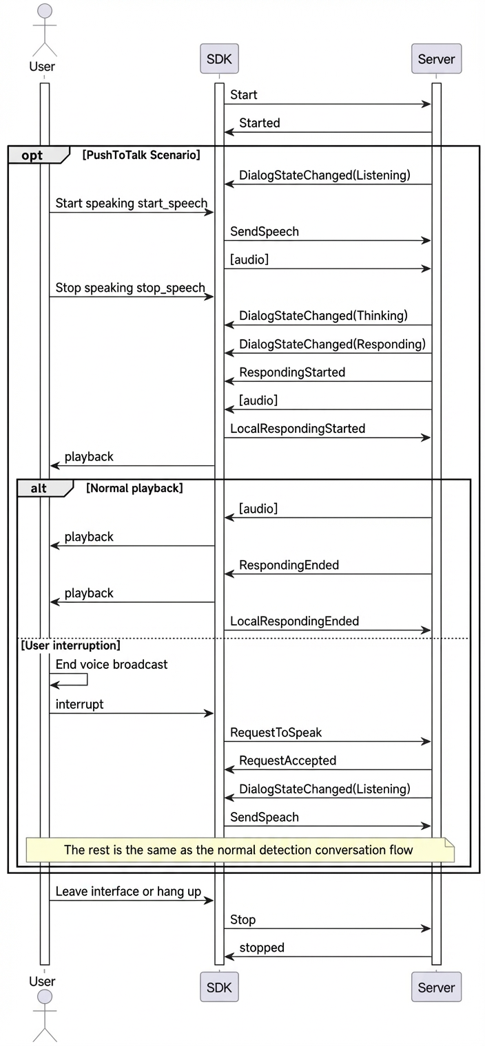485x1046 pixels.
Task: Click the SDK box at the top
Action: (x=219, y=59)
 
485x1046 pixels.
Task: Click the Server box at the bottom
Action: (x=436, y=987)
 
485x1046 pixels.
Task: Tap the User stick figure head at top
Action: (x=45, y=11)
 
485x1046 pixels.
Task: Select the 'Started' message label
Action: (x=260, y=122)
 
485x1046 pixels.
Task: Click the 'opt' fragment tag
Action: (x=32, y=155)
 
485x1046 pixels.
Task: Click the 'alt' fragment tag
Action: (x=39, y=488)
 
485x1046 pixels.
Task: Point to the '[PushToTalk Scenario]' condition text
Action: (x=141, y=155)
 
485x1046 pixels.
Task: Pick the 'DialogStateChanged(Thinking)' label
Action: (x=323, y=316)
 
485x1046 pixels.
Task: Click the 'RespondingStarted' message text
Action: (x=292, y=372)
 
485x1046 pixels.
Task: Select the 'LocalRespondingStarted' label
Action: (x=298, y=428)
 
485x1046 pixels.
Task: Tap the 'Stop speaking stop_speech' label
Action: (x=130, y=288)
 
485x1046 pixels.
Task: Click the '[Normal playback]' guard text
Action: (x=135, y=488)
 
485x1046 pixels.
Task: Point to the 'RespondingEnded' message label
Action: (x=289, y=564)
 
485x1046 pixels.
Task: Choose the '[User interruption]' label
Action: (x=71, y=645)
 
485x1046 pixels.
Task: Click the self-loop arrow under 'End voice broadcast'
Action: (x=87, y=679)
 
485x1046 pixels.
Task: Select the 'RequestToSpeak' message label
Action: (x=276, y=732)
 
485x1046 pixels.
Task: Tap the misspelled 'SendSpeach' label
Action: (x=265, y=817)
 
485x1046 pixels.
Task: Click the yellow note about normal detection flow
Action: (x=240, y=849)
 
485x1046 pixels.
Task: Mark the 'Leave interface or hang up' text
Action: (x=128, y=891)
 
